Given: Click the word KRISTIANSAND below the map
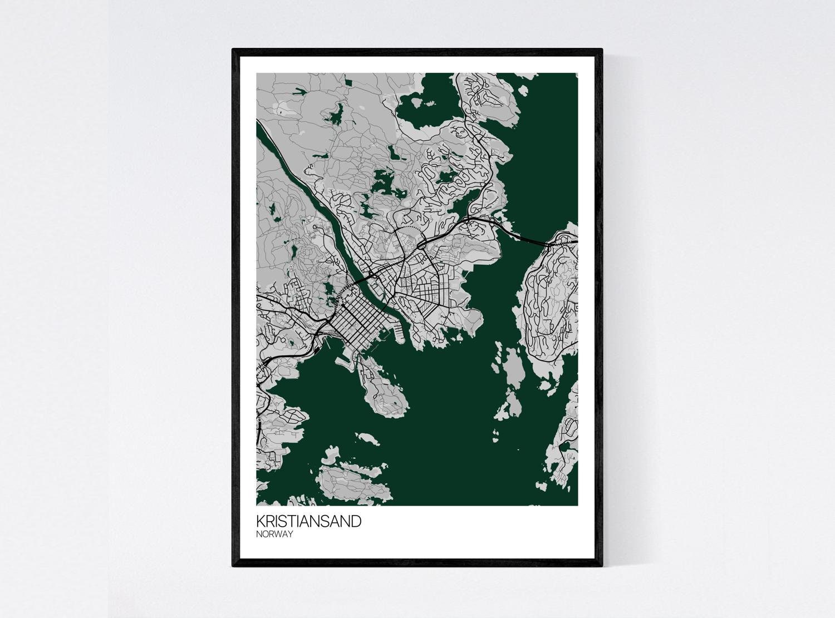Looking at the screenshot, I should pos(308,522).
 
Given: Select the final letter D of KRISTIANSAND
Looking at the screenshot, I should pos(356,522).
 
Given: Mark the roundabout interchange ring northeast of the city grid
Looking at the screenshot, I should pos(421,243).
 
